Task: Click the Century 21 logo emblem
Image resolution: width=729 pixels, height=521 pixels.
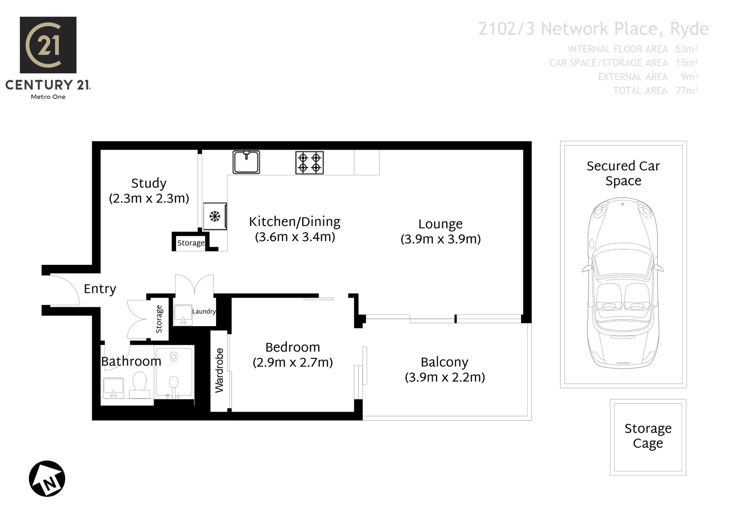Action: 48,45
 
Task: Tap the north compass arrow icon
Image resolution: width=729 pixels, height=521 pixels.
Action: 47,479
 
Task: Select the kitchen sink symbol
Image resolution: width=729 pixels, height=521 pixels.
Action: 246,162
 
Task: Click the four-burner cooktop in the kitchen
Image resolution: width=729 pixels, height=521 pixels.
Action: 310,162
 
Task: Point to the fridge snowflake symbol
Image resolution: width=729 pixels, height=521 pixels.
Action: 215,216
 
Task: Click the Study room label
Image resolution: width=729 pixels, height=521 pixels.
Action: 148,183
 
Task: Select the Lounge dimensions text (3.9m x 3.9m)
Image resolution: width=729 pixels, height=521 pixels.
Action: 440,239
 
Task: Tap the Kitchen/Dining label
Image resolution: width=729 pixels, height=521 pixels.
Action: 294,222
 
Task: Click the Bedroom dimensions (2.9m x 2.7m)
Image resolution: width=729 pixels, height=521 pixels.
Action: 293,362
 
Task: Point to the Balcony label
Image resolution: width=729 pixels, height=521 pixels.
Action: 444,362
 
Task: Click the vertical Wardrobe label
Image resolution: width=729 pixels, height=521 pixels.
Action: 219,370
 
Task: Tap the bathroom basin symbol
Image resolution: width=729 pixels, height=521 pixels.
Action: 113,387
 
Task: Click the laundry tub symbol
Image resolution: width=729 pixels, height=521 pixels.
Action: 183,315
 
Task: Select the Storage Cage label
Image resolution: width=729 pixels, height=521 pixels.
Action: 648,436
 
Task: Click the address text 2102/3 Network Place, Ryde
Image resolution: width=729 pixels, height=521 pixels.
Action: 593,29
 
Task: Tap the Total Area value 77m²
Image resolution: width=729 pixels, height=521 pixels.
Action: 687,91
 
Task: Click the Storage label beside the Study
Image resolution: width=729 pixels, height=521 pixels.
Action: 190,243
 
